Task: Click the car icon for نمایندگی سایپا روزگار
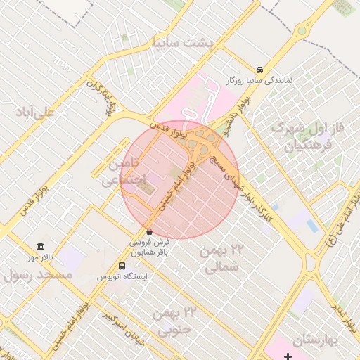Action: click(x=260, y=70)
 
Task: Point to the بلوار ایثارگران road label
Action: click(x=104, y=97)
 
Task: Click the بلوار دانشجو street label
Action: click(x=236, y=114)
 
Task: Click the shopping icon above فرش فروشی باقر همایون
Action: click(x=148, y=231)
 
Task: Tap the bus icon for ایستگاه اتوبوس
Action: click(x=122, y=266)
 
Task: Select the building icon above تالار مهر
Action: click(x=40, y=247)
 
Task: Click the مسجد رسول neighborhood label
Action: click(x=39, y=275)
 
